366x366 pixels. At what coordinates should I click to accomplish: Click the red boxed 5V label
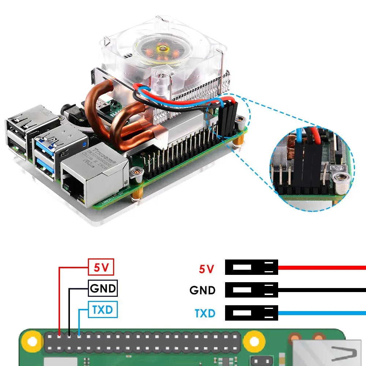pyautogui.click(x=101, y=267)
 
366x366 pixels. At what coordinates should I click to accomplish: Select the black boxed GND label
pyautogui.click(x=103, y=289)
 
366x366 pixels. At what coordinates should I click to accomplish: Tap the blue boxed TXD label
pyautogui.click(x=103, y=310)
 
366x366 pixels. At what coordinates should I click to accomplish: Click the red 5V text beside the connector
pyautogui.click(x=206, y=269)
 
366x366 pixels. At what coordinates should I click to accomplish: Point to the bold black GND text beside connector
pyautogui.click(x=202, y=291)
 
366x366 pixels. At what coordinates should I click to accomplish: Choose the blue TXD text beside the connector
pyautogui.click(x=205, y=313)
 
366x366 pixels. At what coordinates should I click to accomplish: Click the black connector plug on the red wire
pyautogui.click(x=251, y=267)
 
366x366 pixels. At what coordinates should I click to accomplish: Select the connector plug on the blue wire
pyautogui.click(x=251, y=313)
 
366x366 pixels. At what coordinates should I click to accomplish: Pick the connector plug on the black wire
pyautogui.click(x=251, y=290)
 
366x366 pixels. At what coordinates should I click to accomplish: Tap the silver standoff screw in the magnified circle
pyautogui.click(x=343, y=179)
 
